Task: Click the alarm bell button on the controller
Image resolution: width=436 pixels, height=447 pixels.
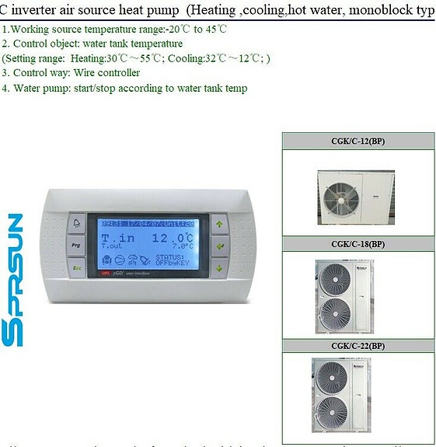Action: click(x=77, y=224)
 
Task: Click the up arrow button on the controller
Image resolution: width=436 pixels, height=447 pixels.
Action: click(x=219, y=224)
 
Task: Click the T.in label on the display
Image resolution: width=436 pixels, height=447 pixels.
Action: click(x=117, y=238)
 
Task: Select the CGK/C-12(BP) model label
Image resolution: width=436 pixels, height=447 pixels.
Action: click(x=358, y=141)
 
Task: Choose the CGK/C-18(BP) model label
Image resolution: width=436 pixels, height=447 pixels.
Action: click(x=358, y=244)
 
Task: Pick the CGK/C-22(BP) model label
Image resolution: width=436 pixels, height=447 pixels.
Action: click(x=358, y=345)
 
